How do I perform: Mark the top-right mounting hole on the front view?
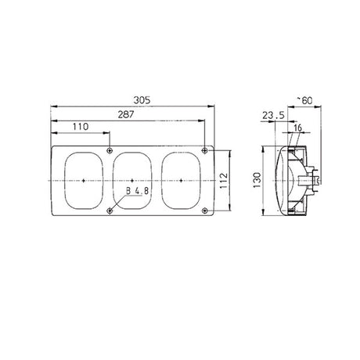204,149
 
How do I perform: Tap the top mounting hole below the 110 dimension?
110,149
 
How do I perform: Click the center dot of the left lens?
83,180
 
